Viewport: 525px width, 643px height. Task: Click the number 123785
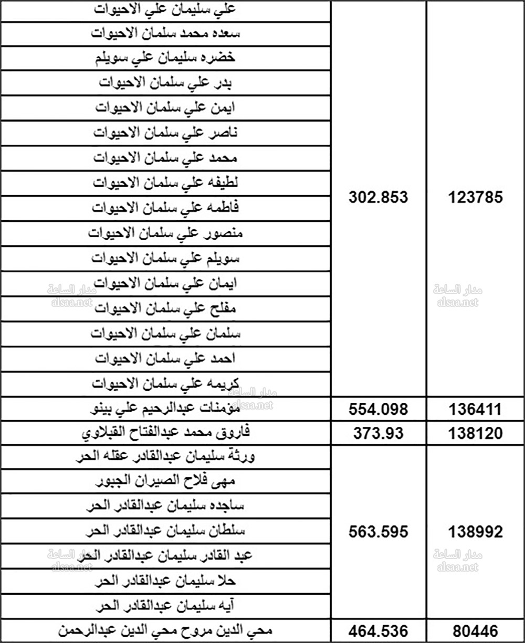pyautogui.click(x=476, y=198)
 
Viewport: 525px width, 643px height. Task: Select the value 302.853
pyautogui.click(x=378, y=198)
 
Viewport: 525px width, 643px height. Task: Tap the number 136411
pyautogui.click(x=476, y=409)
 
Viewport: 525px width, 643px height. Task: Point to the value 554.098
pyautogui.click(x=378, y=409)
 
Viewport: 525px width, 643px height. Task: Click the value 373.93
pyautogui.click(x=378, y=434)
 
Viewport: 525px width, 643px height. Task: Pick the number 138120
pyautogui.click(x=476, y=434)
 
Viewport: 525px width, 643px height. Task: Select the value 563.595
pyautogui.click(x=378, y=532)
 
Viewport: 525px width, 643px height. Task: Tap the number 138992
pyautogui.click(x=476, y=532)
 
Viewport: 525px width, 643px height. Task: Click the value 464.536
pyautogui.click(x=378, y=630)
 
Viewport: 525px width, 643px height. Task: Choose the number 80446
pyautogui.click(x=476, y=630)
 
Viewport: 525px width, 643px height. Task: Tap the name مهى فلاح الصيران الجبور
pyautogui.click(x=166, y=481)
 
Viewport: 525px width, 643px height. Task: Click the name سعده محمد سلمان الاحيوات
pyautogui.click(x=166, y=33)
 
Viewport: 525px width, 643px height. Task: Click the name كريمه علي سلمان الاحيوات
pyautogui.click(x=166, y=384)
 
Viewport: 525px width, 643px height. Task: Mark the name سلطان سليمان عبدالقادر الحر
pyautogui.click(x=166, y=531)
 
